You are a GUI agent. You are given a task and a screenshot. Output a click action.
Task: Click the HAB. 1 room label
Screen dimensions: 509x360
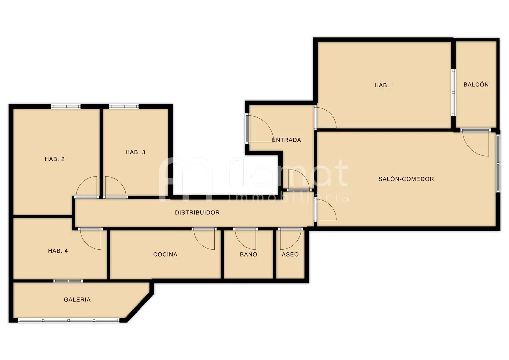(384, 85)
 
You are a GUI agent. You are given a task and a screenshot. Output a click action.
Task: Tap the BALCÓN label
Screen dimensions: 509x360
(476, 85)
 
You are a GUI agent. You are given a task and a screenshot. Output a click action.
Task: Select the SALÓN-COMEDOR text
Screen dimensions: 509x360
(406, 179)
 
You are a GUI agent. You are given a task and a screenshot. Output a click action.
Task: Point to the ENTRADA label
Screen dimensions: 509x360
(286, 140)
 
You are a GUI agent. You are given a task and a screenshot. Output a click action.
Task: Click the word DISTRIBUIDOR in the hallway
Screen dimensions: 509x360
(197, 213)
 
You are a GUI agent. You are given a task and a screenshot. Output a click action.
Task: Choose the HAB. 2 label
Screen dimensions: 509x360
(55, 159)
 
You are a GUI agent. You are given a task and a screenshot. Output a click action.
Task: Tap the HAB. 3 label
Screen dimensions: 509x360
(135, 152)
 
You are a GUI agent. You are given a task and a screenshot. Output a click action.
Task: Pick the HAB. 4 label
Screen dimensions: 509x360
(58, 251)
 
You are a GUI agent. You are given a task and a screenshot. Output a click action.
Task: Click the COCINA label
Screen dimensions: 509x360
(165, 254)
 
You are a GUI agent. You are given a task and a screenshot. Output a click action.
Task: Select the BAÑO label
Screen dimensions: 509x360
(248, 254)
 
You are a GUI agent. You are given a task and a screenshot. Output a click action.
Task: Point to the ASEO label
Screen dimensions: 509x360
(290, 254)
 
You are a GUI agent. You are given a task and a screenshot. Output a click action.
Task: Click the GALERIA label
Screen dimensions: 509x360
(77, 300)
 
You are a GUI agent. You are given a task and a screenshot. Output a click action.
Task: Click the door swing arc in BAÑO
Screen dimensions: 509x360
(241, 243)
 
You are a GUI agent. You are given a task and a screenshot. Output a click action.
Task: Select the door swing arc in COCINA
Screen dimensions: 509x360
(200, 243)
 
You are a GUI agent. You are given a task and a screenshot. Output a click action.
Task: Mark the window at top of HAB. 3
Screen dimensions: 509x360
(124, 106)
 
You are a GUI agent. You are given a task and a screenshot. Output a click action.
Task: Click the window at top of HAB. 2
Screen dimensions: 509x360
(66, 106)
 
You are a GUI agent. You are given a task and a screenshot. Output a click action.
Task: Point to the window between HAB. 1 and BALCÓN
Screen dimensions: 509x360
(453, 92)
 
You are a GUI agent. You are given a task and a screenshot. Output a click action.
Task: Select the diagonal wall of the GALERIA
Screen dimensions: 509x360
(139, 307)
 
